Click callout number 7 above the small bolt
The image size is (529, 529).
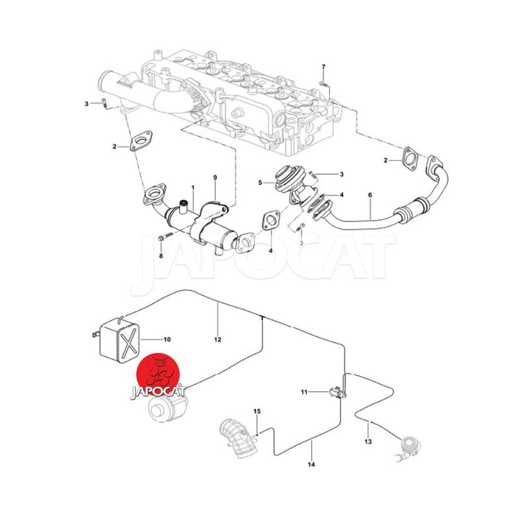tap(323, 67)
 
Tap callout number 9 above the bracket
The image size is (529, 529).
tap(215, 177)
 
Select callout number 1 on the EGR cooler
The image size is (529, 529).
tap(193, 187)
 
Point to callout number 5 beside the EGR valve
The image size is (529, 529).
tap(260, 183)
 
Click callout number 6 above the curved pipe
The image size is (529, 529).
tap(370, 195)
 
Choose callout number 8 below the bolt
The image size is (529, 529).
tap(161, 256)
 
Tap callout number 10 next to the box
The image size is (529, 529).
tap(167, 339)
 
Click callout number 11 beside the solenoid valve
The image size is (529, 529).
tap(304, 391)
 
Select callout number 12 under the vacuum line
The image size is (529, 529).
tap(218, 339)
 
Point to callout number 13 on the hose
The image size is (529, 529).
tap(368, 441)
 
